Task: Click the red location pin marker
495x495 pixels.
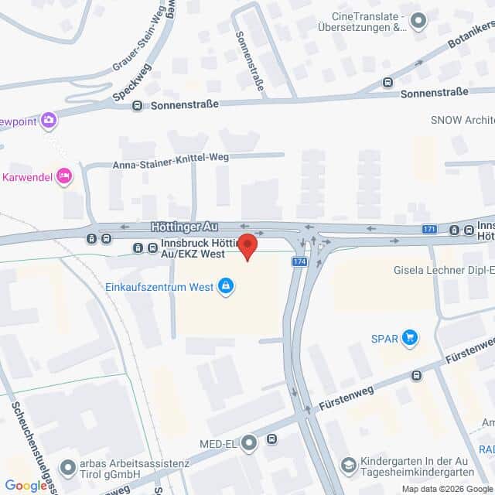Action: [x=247, y=247]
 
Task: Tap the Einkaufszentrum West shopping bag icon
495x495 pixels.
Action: [x=226, y=287]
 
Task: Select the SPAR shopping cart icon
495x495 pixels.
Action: [x=410, y=337]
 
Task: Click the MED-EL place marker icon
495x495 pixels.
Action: [x=249, y=443]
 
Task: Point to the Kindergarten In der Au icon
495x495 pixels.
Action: [x=349, y=465]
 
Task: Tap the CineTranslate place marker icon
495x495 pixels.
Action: [x=418, y=21]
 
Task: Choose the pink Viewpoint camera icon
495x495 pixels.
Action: [x=49, y=120]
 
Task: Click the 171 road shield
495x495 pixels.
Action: [x=430, y=229]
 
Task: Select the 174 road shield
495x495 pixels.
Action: [x=299, y=262]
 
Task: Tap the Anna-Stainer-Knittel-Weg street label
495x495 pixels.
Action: [x=170, y=164]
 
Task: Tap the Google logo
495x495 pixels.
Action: [x=26, y=486]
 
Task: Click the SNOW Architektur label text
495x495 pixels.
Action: [x=463, y=120]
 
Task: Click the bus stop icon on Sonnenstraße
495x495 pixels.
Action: [x=137, y=105]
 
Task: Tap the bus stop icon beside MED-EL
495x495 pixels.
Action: [x=271, y=439]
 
